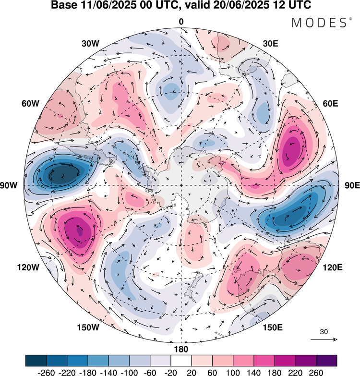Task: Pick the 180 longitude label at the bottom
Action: coord(181,349)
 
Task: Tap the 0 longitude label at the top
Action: coord(181,21)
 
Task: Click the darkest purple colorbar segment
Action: coord(326,360)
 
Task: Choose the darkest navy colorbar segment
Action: coord(36,360)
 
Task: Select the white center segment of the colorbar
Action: coord(181,360)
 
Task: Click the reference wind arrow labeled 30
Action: coord(324,339)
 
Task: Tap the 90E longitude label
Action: coord(353,185)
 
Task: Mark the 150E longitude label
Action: coord(273,327)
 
